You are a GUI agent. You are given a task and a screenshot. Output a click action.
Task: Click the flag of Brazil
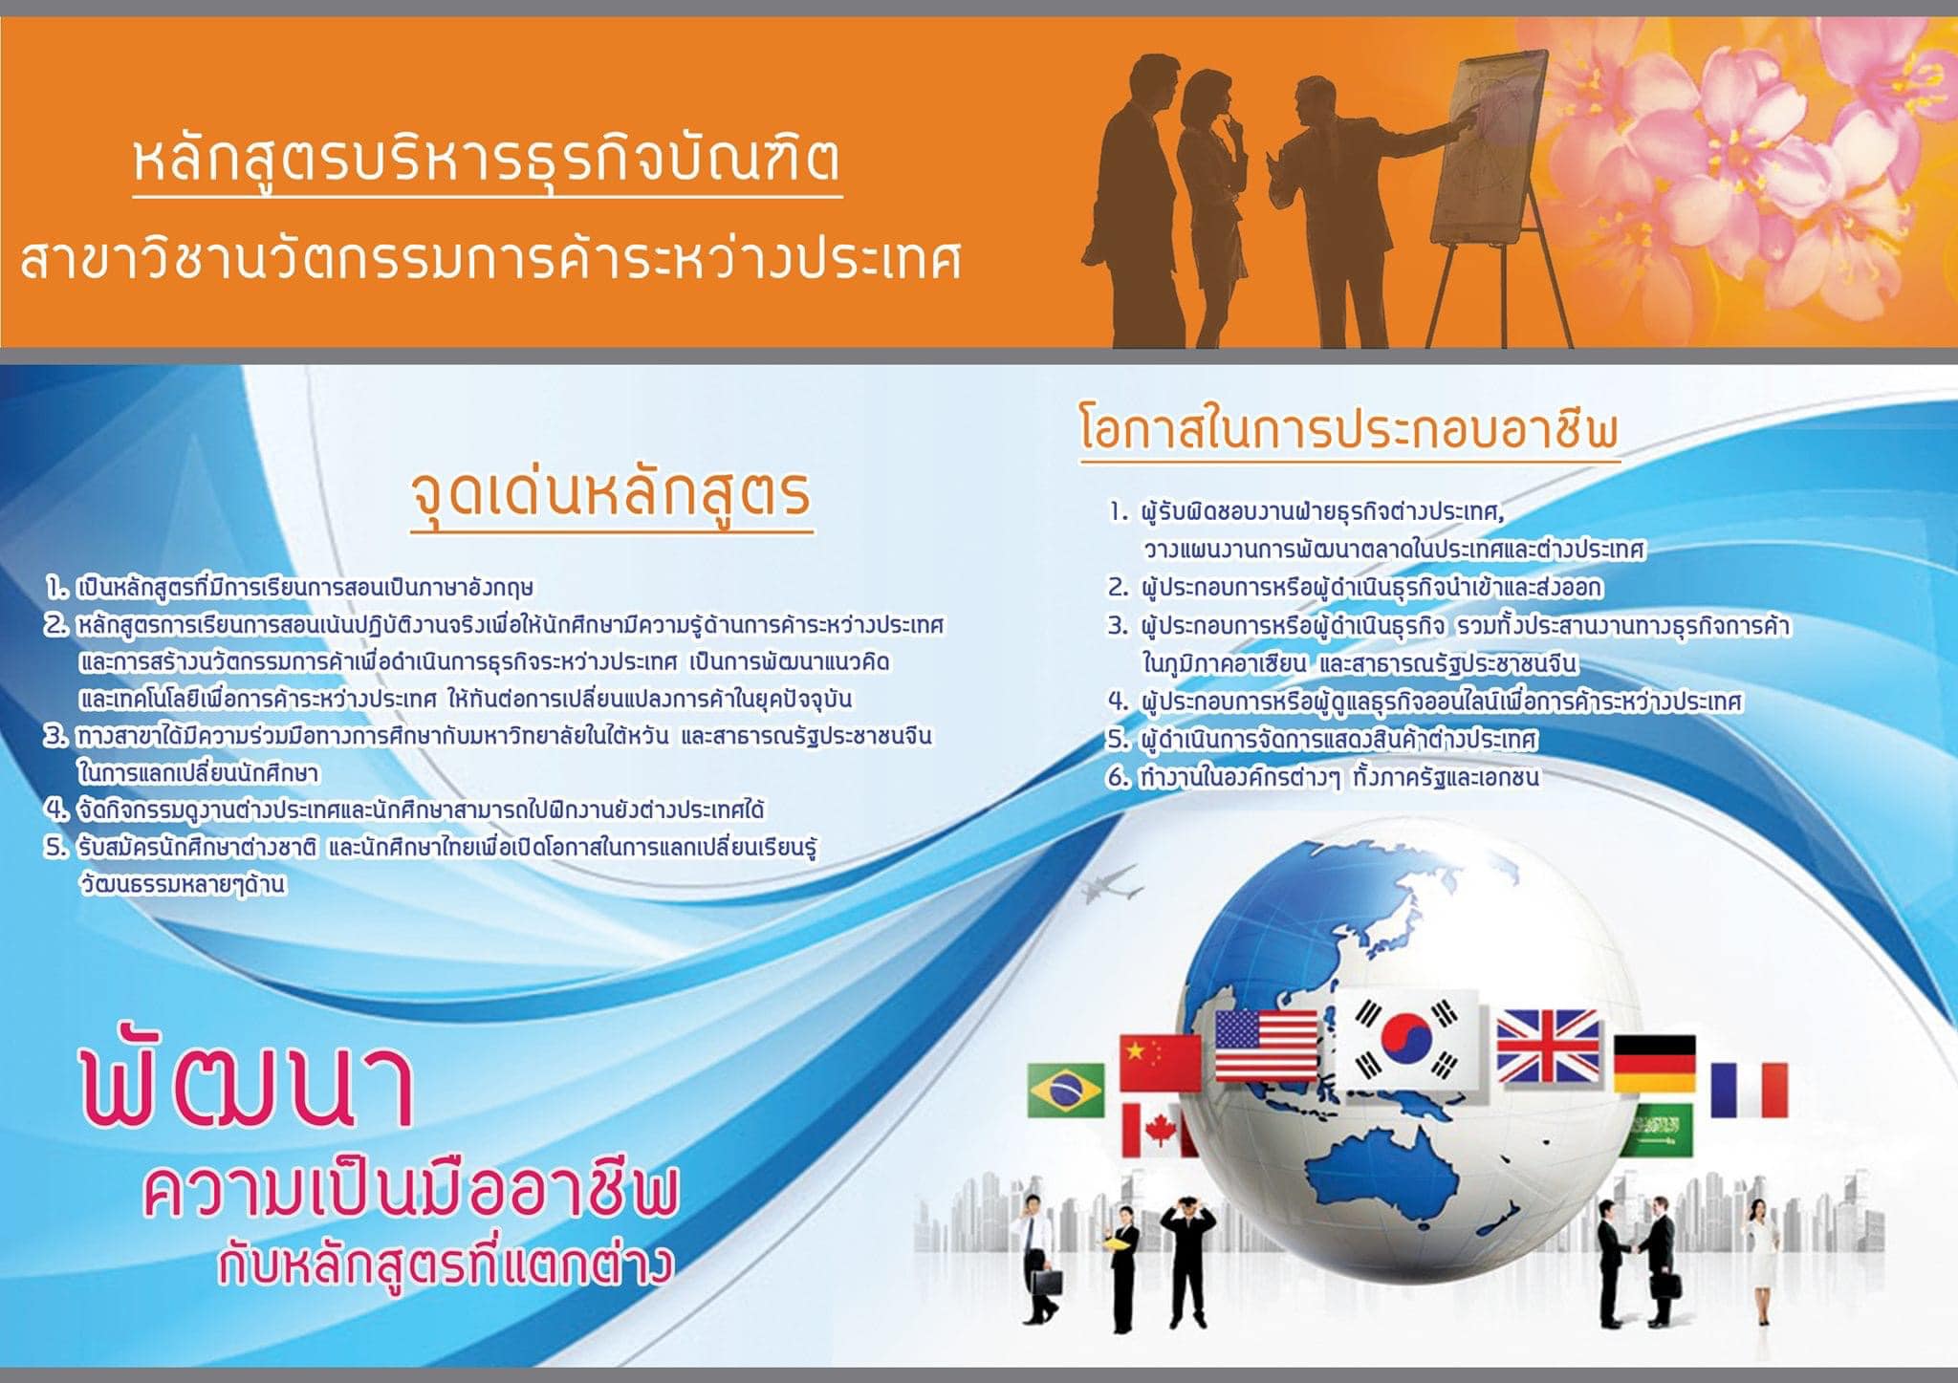(x=1066, y=1091)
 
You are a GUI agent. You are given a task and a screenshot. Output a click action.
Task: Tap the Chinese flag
(x=1160, y=1062)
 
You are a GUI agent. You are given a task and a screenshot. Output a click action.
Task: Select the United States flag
(x=1266, y=1045)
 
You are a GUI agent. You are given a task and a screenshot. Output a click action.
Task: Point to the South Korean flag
(x=1406, y=1042)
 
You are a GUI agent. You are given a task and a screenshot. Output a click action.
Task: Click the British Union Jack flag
(x=1548, y=1047)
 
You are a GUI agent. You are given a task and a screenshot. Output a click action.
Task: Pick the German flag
(x=1655, y=1063)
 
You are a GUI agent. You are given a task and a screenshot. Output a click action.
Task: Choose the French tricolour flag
(x=1749, y=1090)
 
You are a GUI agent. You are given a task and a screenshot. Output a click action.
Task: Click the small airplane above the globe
(x=1112, y=886)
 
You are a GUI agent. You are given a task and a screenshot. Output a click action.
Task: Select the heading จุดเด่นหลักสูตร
(x=611, y=495)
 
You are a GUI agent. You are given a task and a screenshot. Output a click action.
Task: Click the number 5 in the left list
(x=56, y=848)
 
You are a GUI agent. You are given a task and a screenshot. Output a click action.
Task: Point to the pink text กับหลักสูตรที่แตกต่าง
(x=446, y=1264)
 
